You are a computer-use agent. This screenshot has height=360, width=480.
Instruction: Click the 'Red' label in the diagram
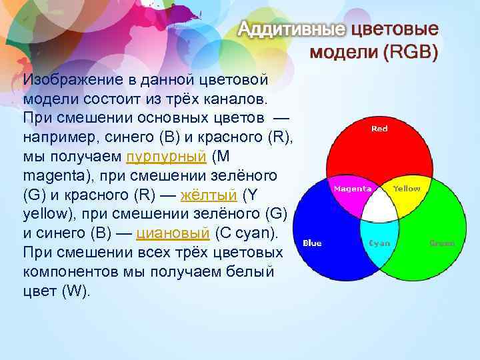tap(379, 129)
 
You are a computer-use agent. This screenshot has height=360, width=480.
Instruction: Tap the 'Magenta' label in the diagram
tap(352, 189)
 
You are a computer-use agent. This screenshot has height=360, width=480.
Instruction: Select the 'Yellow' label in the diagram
tap(406, 189)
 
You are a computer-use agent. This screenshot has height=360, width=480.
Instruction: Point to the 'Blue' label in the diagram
tap(312, 243)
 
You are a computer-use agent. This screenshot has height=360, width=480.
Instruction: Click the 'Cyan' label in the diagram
tap(379, 243)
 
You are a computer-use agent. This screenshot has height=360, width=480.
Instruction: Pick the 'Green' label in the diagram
tap(442, 243)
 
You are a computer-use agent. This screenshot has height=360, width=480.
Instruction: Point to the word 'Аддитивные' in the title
tap(292, 30)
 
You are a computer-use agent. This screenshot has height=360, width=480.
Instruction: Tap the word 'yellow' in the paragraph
tap(44, 215)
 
